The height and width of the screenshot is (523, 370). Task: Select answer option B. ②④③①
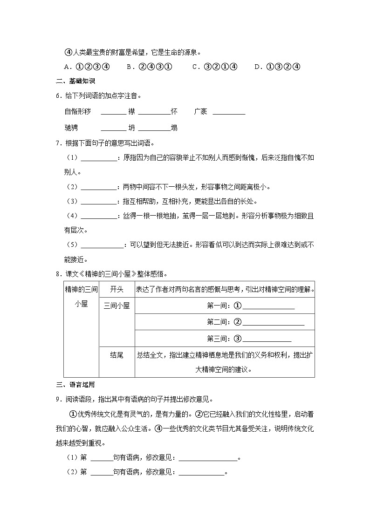(149, 67)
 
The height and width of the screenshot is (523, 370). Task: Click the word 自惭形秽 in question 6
(78, 112)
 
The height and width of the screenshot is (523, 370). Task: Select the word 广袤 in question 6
(200, 112)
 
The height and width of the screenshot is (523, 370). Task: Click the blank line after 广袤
(229, 113)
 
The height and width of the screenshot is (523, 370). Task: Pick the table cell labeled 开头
(116, 290)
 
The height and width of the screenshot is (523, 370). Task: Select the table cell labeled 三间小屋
(116, 306)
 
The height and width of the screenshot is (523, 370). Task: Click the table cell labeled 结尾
(116, 355)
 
